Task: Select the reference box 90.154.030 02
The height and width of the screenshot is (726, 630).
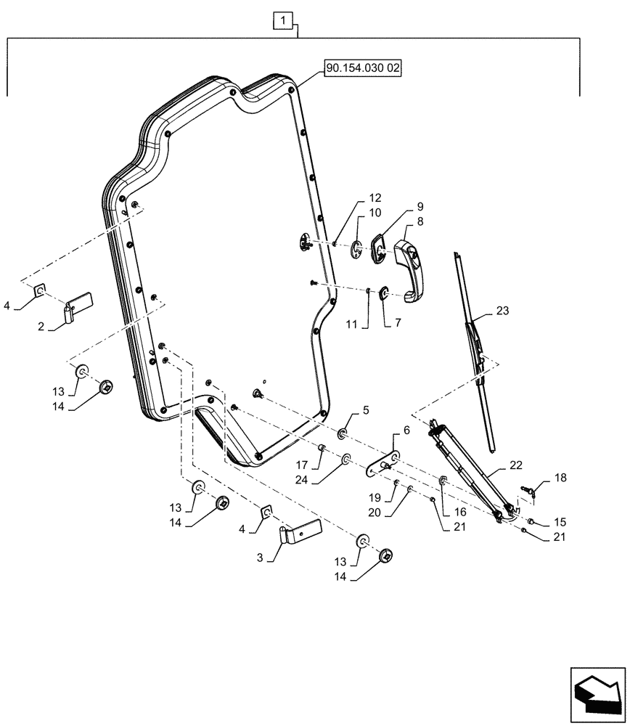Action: [363, 68]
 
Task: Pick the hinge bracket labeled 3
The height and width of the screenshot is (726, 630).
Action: [300, 535]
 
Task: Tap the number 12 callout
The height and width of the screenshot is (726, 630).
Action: [375, 198]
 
